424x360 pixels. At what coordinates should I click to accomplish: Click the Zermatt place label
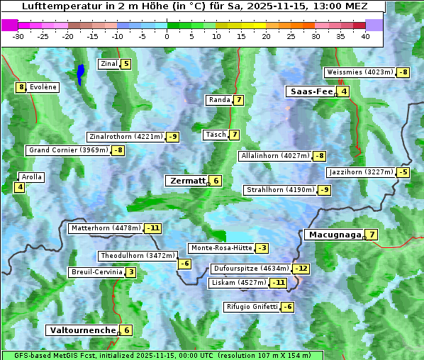187,181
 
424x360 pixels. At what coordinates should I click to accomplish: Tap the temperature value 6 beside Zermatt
216,181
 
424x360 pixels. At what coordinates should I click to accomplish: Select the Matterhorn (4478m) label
106,228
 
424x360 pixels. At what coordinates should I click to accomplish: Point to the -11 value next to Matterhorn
153,228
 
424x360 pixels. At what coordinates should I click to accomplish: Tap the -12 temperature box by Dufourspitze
302,269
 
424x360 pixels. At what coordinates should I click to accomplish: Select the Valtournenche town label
82,330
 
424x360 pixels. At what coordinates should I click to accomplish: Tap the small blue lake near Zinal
80,73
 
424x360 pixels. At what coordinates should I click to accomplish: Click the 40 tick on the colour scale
364,36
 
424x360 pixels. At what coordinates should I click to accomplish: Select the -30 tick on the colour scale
18,36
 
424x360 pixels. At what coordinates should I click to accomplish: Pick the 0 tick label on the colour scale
167,36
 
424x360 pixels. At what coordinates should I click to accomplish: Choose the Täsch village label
215,135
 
